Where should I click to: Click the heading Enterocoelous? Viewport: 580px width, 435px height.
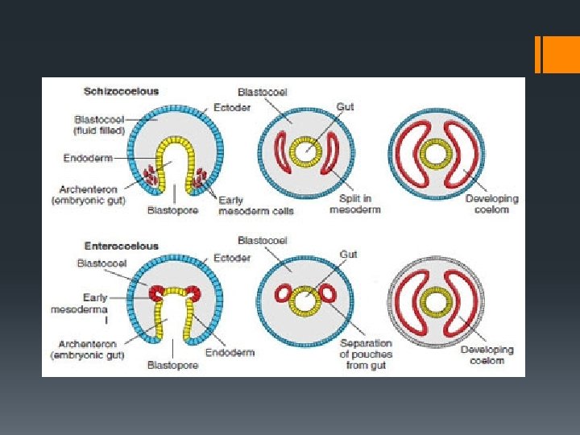coord(122,246)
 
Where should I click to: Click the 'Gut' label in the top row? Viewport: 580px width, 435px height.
coord(346,106)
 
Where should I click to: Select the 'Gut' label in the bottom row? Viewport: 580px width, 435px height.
coord(348,254)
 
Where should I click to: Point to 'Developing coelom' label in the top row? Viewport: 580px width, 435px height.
coord(492,204)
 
